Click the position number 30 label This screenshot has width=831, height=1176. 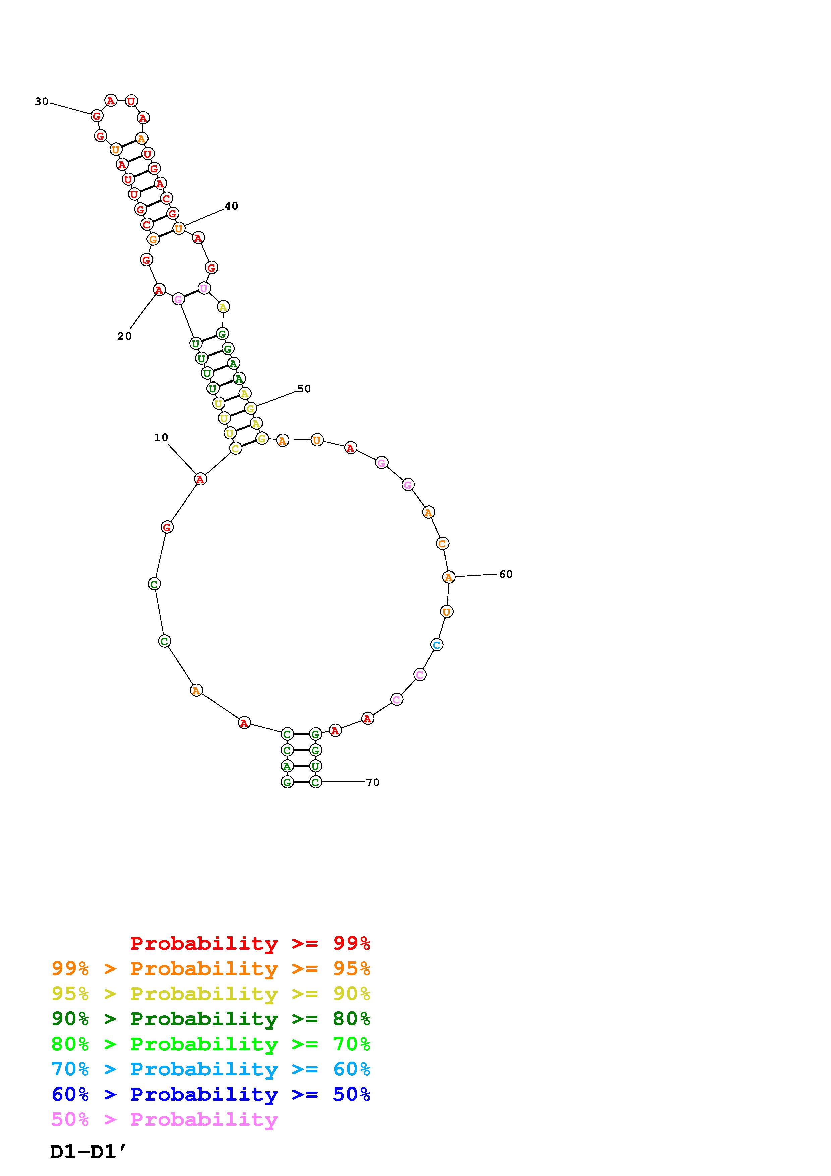[x=42, y=102]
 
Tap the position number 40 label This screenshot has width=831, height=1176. [x=231, y=206]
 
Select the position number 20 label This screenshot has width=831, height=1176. [x=124, y=336]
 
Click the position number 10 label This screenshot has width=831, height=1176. [x=161, y=437]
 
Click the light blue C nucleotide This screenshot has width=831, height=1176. [x=437, y=645]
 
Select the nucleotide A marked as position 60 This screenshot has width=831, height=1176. [x=449, y=577]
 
